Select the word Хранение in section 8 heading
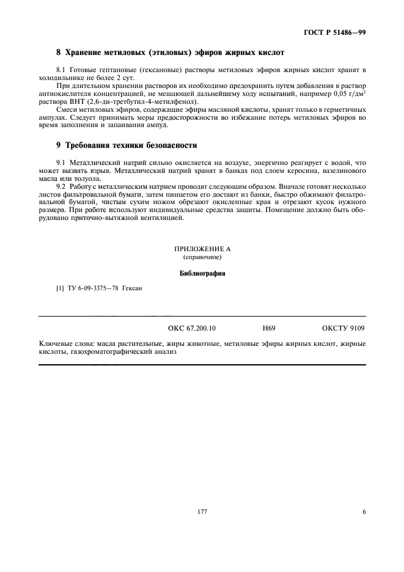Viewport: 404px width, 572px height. tap(85, 54)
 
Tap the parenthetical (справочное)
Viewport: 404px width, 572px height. tap(202, 257)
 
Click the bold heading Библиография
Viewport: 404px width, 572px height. tap(202, 273)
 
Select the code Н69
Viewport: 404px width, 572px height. tap(269, 328)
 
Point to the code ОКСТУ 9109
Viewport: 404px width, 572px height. tap(343, 328)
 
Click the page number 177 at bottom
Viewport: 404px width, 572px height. tap(202, 512)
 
